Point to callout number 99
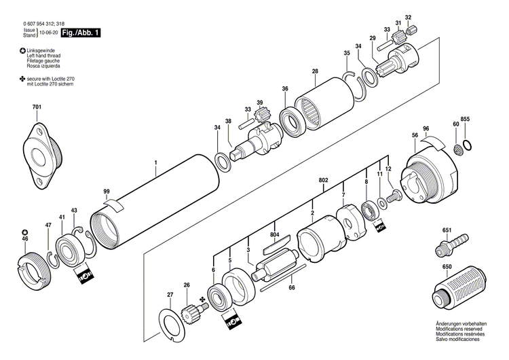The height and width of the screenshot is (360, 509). point(106,192)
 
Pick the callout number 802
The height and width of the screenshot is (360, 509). point(323,179)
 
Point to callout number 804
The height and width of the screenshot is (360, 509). point(274,235)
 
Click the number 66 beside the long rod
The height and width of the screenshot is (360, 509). point(292,288)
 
